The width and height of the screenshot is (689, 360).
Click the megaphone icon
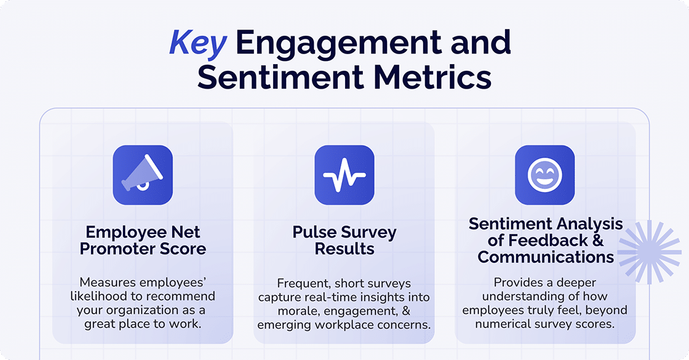143,175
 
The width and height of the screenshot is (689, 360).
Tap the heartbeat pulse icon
344,175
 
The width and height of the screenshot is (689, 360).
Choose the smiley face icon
545,175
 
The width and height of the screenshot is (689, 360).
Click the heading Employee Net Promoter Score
143,241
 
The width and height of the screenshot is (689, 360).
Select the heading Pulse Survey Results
344,241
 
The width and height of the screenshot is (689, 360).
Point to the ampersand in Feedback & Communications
597,240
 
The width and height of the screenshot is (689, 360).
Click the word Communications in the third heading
545,257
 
